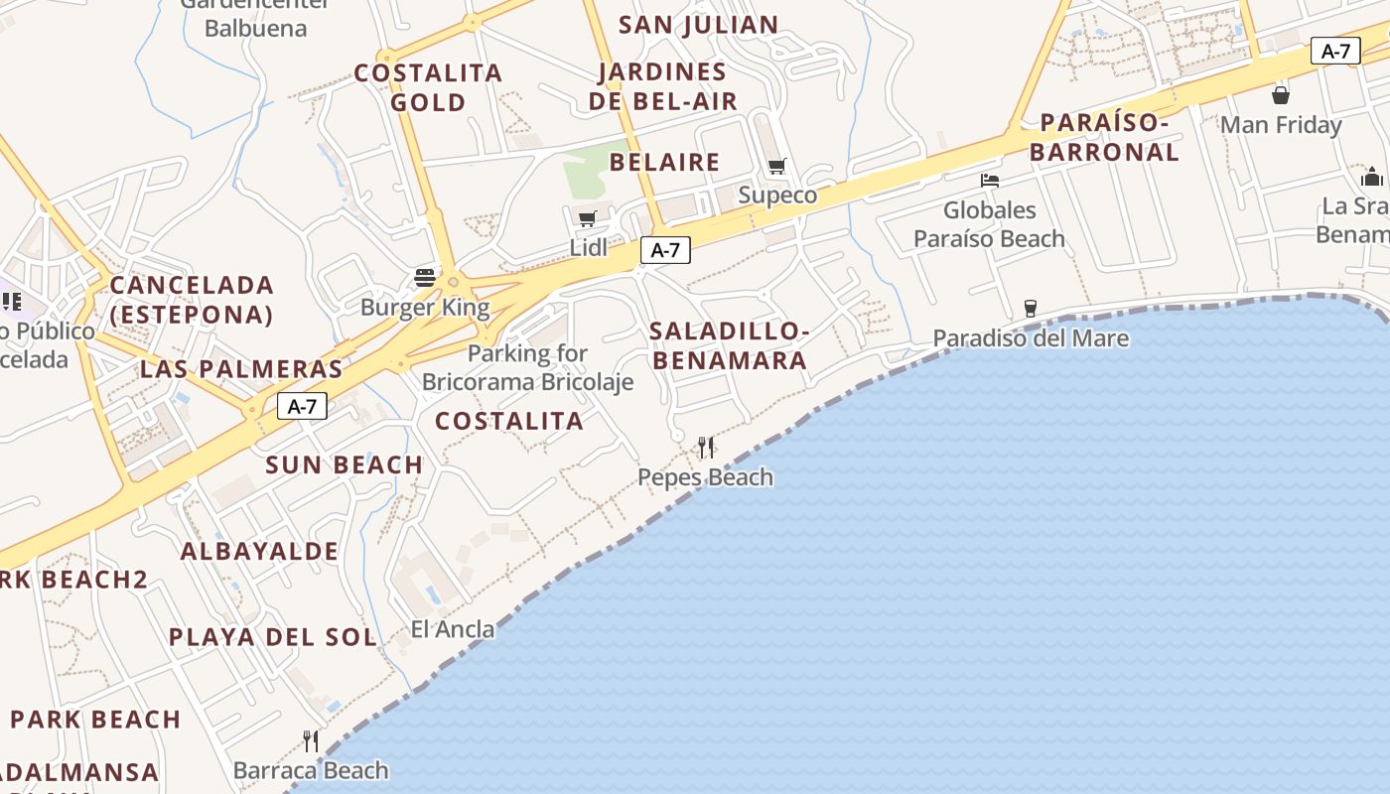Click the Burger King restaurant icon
[x=425, y=277]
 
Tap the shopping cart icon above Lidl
[x=587, y=218]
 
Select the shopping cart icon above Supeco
[x=776, y=167]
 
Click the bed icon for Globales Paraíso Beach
[x=989, y=181]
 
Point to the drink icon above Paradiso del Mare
[x=1030, y=309]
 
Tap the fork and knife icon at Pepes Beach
[x=705, y=448]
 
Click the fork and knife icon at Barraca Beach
[x=311, y=740]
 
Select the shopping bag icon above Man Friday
[x=1281, y=95]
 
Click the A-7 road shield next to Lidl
[x=664, y=250]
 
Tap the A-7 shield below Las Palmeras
[x=302, y=406]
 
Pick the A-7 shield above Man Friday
[x=1335, y=52]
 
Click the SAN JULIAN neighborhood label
[x=698, y=25]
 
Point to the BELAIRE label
[x=664, y=162]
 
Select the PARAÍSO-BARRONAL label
[x=1104, y=138]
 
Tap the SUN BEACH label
[x=344, y=464]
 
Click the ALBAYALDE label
[x=259, y=551]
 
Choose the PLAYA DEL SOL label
[x=272, y=637]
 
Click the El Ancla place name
[x=453, y=628]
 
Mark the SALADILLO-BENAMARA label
[x=730, y=345]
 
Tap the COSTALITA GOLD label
[x=428, y=87]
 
